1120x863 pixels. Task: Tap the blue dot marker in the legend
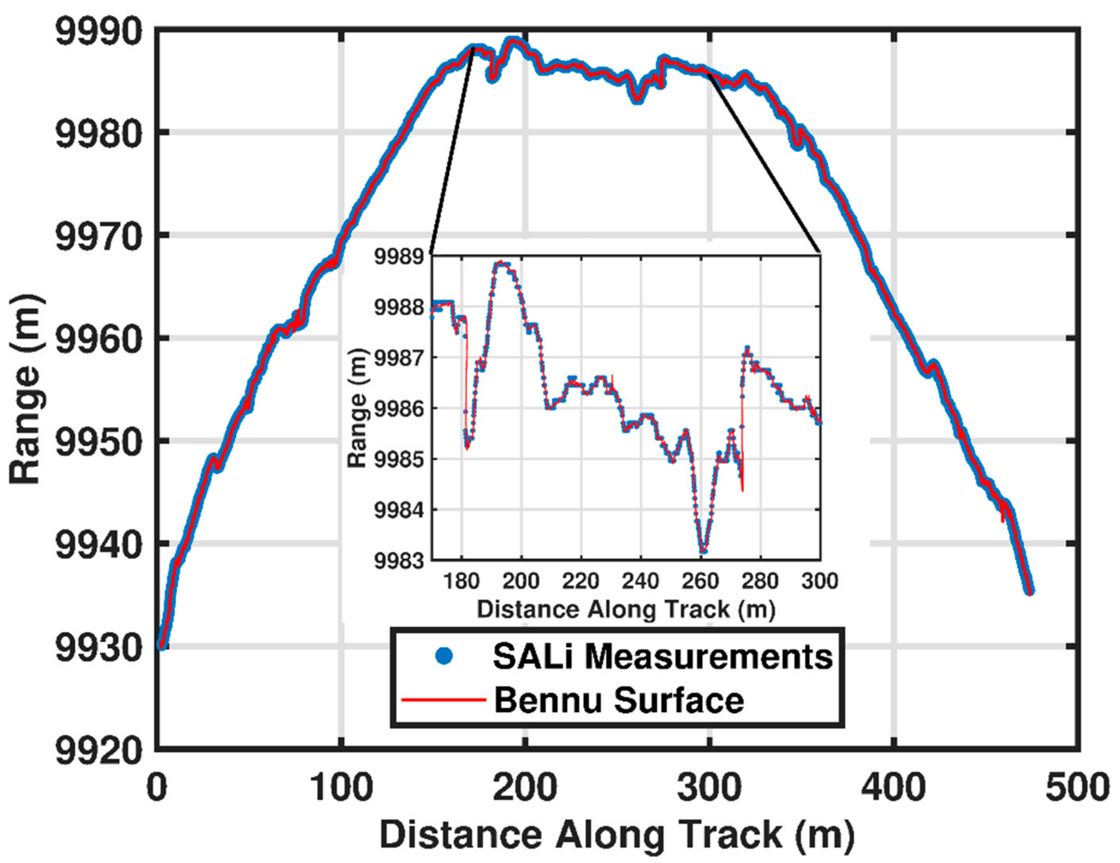click(444, 656)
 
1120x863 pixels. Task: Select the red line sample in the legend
click(443, 700)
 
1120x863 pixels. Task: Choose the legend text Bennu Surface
click(618, 700)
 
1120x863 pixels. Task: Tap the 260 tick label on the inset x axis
click(700, 581)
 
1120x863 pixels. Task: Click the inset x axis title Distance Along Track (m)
click(626, 610)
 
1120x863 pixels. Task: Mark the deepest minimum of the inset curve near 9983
click(703, 551)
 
